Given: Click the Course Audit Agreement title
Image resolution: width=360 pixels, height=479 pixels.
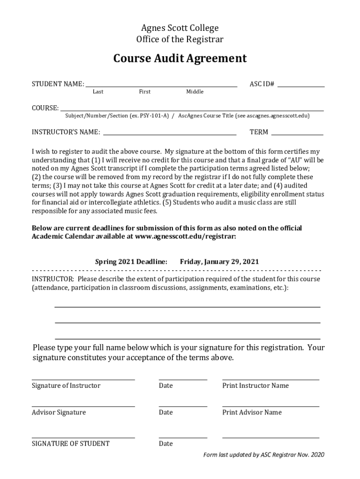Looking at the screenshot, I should point(180,59).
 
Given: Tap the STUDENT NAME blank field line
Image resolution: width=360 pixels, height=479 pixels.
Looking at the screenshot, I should point(161,86).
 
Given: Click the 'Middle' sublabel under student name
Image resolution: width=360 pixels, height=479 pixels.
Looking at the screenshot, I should point(195,92).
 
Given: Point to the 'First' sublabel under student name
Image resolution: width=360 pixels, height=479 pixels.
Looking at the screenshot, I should point(145,92).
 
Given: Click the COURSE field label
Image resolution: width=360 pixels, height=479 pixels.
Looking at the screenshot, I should point(45,108).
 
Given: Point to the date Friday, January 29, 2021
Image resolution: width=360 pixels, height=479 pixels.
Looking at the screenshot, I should point(219,261).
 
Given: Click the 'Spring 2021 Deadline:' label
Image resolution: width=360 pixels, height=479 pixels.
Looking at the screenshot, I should point(131,261).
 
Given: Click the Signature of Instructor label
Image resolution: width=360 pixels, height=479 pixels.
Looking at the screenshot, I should point(66,385).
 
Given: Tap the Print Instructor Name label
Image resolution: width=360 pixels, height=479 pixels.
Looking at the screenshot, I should point(255,385).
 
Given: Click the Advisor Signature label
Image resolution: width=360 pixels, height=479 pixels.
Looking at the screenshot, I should point(59,412).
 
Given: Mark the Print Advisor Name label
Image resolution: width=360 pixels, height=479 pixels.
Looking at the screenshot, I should point(252,412).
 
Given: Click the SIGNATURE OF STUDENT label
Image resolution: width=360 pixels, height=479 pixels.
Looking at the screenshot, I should point(71,443).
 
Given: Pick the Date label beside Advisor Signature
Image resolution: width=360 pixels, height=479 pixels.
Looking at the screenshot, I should point(166,412).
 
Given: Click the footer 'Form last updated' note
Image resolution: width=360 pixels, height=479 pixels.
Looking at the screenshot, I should point(263,455).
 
